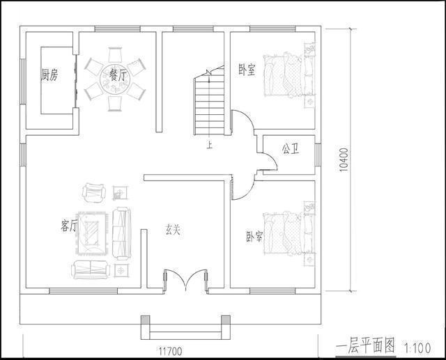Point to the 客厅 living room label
[69, 226]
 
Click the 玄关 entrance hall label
[173, 228]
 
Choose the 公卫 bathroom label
[290, 149]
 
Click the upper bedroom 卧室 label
[247, 70]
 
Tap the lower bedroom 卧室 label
[254, 237]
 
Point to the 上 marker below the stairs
[209, 145]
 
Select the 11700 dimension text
[170, 352]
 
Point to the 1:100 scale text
[417, 346]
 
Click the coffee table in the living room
[91, 230]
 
